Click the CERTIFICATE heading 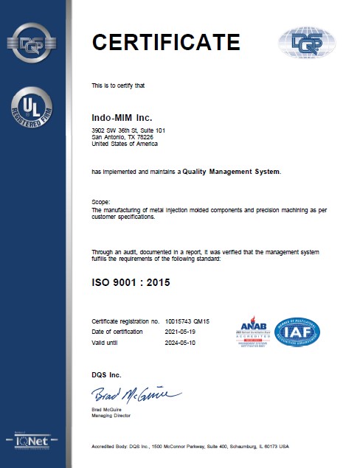pos(165,42)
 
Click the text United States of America pos(123,143)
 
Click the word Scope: pos(100,201)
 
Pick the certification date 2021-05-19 pos(182,332)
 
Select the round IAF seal pos(297,332)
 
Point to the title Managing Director pos(111,416)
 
